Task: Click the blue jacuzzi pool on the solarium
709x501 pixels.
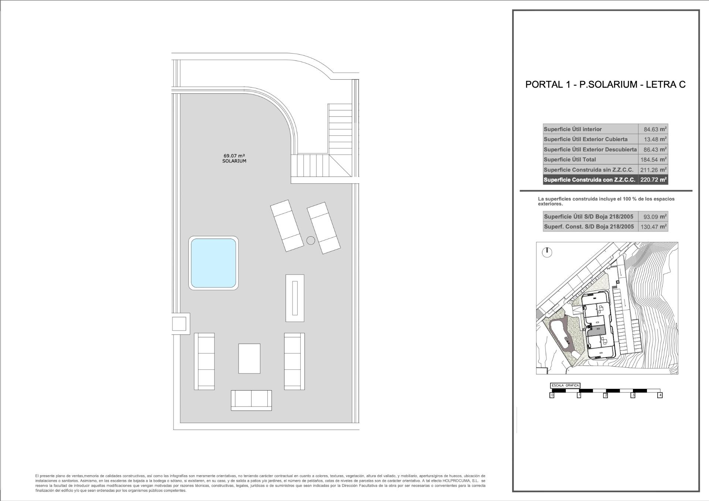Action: [x=213, y=263]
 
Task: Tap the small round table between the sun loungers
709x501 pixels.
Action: [x=311, y=240]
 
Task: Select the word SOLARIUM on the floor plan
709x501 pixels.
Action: [x=234, y=161]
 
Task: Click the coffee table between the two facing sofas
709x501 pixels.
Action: [x=249, y=358]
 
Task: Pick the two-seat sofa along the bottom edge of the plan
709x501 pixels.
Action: [x=251, y=400]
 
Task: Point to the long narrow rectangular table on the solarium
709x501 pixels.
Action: [x=295, y=298]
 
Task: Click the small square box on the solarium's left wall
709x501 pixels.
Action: [x=179, y=324]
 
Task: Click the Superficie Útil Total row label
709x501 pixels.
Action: [x=570, y=159]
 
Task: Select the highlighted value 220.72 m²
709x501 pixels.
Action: [x=653, y=180]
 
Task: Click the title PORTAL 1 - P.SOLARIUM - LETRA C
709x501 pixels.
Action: [x=605, y=85]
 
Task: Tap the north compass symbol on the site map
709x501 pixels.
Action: [x=547, y=253]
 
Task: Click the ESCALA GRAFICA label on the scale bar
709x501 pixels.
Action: [x=565, y=386]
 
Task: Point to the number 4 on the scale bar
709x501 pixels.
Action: [x=660, y=395]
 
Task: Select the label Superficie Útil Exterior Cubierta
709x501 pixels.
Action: [x=585, y=139]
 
